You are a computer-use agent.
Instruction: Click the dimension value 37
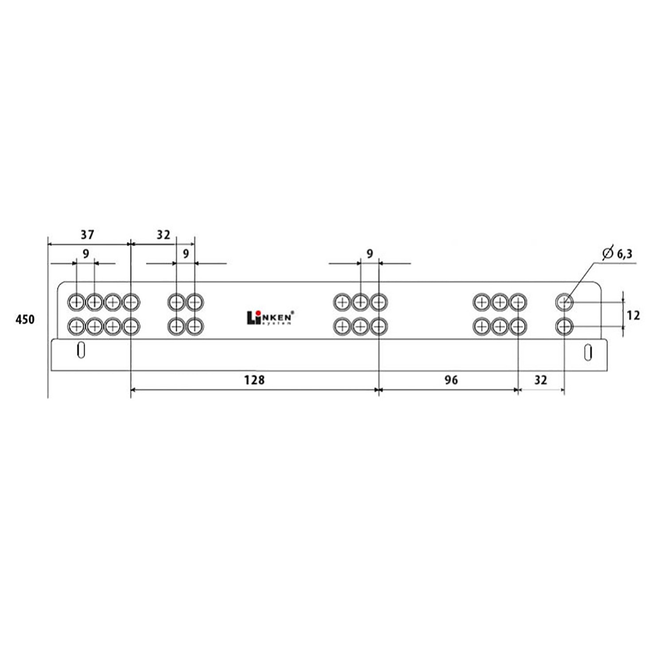pos(87,234)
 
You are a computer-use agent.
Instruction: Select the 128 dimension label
pos(254,380)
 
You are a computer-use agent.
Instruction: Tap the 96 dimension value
pos(451,380)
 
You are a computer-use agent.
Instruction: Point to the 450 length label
pos(25,319)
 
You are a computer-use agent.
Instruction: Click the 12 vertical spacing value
pos(633,315)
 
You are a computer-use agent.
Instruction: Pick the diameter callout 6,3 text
pos(624,254)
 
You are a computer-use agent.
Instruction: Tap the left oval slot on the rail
pos(81,350)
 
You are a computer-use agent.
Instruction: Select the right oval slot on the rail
pos(588,352)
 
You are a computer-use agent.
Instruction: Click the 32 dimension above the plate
pos(164,235)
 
